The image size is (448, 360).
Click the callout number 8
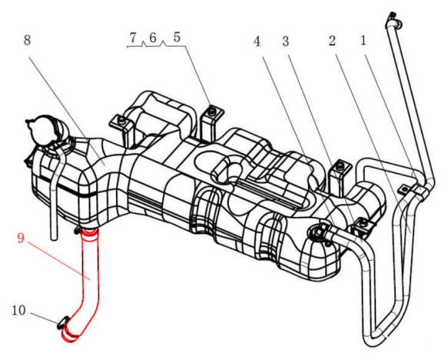pyautogui.click(x=27, y=40)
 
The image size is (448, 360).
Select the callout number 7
pyautogui.click(x=133, y=38)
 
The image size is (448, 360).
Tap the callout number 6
pyautogui.click(x=153, y=38)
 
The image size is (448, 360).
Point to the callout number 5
pyautogui.click(x=177, y=38)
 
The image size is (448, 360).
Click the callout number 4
pyautogui.click(x=257, y=42)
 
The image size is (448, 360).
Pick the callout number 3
pyautogui.click(x=285, y=42)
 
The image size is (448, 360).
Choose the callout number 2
pyautogui.click(x=332, y=42)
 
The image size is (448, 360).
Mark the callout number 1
pyautogui.click(x=363, y=41)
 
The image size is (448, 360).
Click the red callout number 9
pyautogui.click(x=21, y=238)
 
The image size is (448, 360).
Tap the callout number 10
pyautogui.click(x=18, y=310)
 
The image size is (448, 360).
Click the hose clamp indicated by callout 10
pyautogui.click(x=63, y=322)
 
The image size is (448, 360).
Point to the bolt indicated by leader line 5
pyautogui.click(x=212, y=112)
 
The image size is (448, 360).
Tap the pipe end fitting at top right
pyautogui.click(x=394, y=21)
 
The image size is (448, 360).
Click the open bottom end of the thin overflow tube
pyautogui.click(x=54, y=238)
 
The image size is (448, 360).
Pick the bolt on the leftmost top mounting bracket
pyautogui.click(x=121, y=119)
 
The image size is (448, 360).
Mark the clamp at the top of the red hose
pyautogui.click(x=88, y=232)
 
